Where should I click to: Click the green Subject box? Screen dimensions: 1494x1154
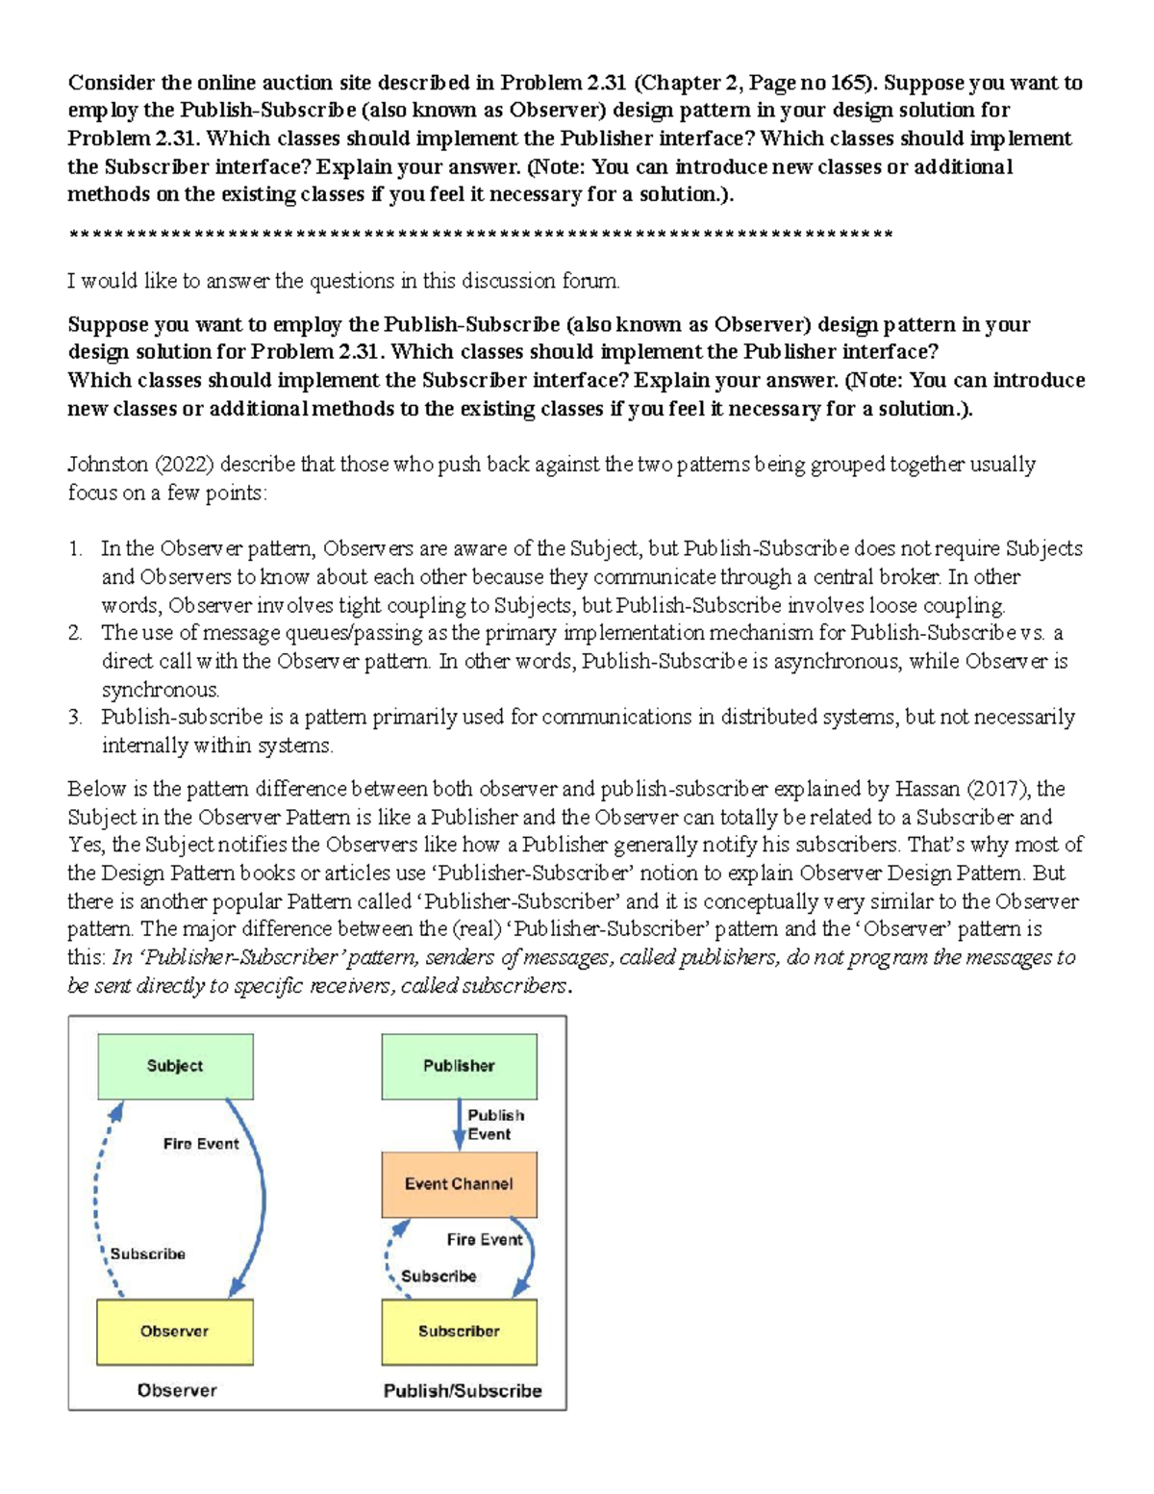coord(175,1066)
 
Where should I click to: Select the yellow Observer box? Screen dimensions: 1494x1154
coord(174,1331)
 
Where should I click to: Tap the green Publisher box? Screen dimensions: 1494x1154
coord(459,1066)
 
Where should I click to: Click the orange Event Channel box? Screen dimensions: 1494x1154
coord(459,1184)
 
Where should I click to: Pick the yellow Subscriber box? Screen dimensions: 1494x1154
coord(459,1331)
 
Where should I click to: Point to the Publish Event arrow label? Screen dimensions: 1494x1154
coord(495,1125)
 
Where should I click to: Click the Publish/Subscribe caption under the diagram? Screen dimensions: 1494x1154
coord(463,1390)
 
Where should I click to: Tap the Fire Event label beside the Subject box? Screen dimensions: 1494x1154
coord(200,1144)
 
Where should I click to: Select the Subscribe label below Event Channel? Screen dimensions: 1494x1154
coord(439,1276)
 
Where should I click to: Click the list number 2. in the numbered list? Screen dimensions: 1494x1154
coord(75,633)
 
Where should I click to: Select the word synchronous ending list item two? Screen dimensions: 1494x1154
coord(160,690)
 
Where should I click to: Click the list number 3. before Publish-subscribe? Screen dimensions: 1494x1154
coord(75,718)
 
